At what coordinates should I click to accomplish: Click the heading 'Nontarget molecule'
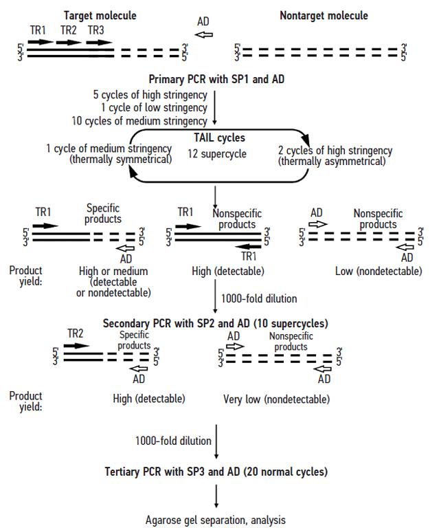coord(324,14)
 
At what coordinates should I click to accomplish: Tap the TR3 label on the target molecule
coord(97,30)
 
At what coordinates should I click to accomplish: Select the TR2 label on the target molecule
coord(68,30)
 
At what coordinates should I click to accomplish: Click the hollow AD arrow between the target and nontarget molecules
coord(203,34)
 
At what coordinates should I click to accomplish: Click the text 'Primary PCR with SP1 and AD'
coord(216,78)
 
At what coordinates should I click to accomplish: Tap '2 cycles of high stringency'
coord(335,151)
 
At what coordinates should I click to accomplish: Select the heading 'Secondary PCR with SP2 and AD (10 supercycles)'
coord(215,322)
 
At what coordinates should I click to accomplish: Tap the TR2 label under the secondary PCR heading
coord(76,333)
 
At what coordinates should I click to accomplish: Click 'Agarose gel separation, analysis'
coord(216,520)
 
